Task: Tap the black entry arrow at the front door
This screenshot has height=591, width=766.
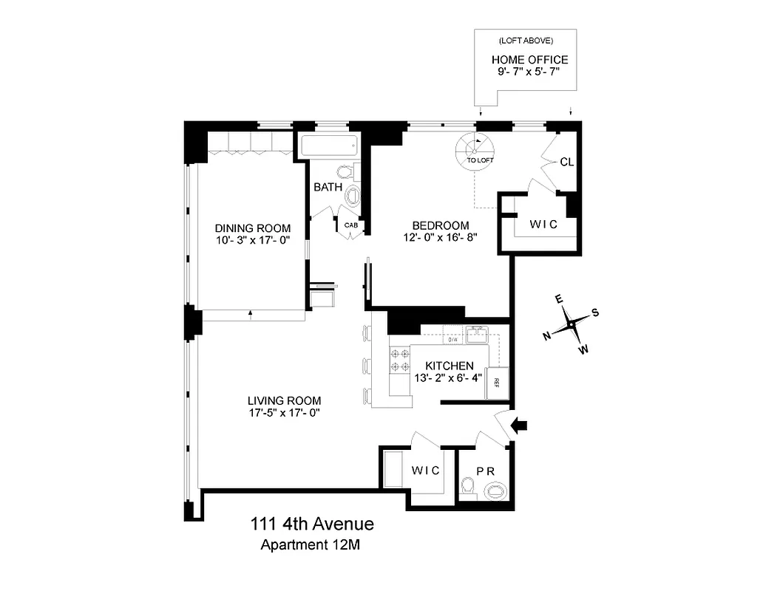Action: click(521, 425)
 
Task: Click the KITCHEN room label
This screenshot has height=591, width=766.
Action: click(449, 366)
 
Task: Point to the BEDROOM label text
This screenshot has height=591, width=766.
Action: click(441, 225)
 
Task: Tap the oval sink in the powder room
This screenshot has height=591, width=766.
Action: click(497, 490)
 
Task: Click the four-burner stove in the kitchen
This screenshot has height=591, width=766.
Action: click(400, 360)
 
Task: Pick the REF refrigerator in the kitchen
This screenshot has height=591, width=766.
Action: click(497, 382)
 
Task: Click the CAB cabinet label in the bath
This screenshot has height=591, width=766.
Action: click(350, 225)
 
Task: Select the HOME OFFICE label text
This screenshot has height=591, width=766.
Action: click(529, 60)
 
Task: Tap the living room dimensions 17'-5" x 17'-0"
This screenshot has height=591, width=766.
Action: click(284, 413)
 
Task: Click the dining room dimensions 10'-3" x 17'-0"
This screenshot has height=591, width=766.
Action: click(252, 240)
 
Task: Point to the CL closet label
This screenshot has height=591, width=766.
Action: click(567, 161)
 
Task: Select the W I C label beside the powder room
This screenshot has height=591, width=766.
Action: click(425, 470)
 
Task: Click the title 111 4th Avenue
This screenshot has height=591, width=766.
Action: click(310, 525)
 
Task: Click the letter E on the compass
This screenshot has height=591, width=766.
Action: click(560, 298)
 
